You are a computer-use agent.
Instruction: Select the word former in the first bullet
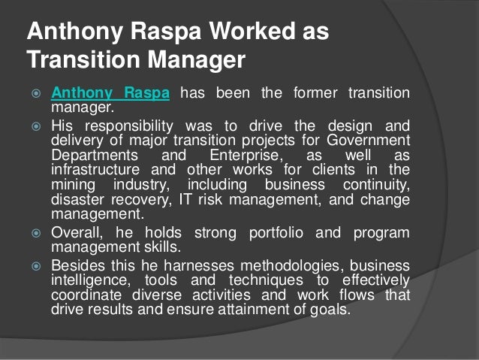(x=311, y=94)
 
